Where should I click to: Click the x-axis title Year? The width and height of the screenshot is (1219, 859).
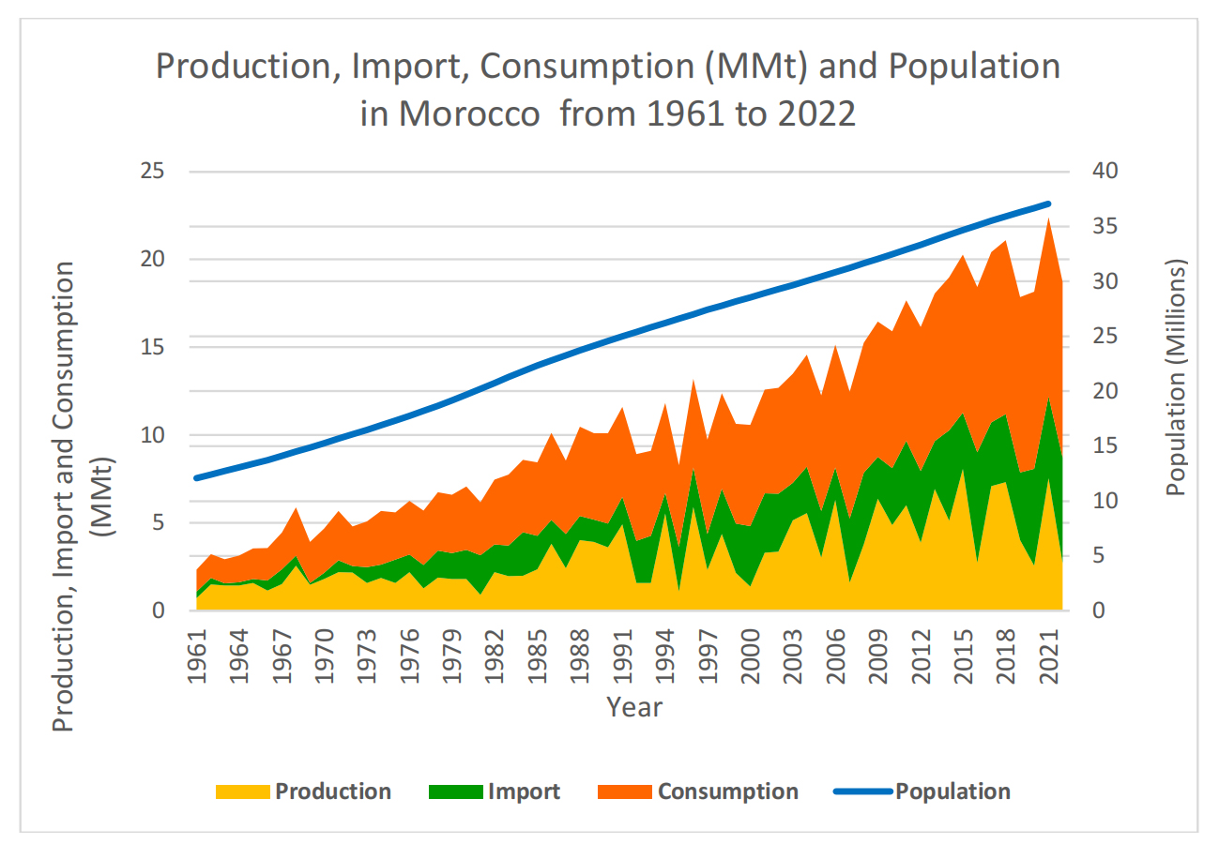coord(633,706)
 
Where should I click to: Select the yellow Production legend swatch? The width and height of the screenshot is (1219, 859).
coord(241,791)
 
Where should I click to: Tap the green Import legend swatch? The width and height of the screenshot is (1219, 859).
coord(454,791)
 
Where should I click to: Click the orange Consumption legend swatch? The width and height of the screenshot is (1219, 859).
coord(624,791)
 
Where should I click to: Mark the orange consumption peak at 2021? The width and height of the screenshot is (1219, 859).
coord(1049,220)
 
